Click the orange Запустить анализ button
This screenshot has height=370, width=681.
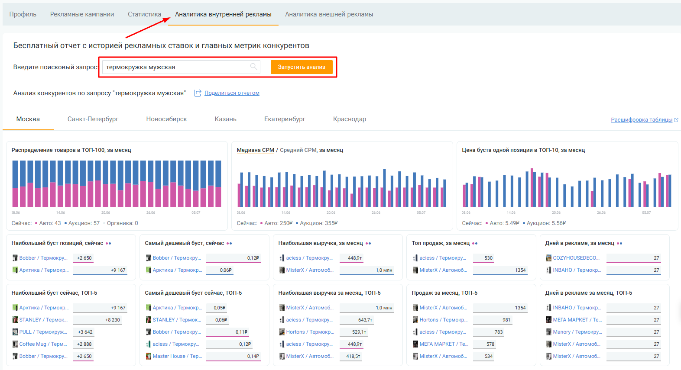pyautogui.click(x=302, y=67)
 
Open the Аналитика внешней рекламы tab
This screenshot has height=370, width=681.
pyautogui.click(x=329, y=14)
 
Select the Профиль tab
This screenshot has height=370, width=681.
pyautogui.click(x=23, y=14)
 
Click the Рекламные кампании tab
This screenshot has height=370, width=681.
pyautogui.click(x=82, y=14)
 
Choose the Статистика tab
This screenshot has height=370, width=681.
pyautogui.click(x=144, y=14)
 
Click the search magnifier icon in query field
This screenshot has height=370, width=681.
pyautogui.click(x=254, y=67)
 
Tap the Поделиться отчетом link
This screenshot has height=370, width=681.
pyautogui.click(x=232, y=93)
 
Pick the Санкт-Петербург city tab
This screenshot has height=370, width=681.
pyautogui.click(x=93, y=119)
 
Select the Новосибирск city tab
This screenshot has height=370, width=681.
pyautogui.click(x=166, y=119)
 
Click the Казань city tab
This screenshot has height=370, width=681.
pyautogui.click(x=225, y=119)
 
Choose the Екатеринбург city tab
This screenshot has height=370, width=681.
pyautogui.click(x=285, y=119)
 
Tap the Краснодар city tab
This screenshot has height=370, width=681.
pyautogui.click(x=349, y=119)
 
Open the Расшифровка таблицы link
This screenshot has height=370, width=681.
pyautogui.click(x=642, y=120)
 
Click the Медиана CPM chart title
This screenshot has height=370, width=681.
pyautogui.click(x=256, y=150)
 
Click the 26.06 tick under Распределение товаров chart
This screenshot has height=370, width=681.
pyautogui.click(x=150, y=212)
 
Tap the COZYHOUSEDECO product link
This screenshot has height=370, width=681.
pyautogui.click(x=576, y=258)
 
